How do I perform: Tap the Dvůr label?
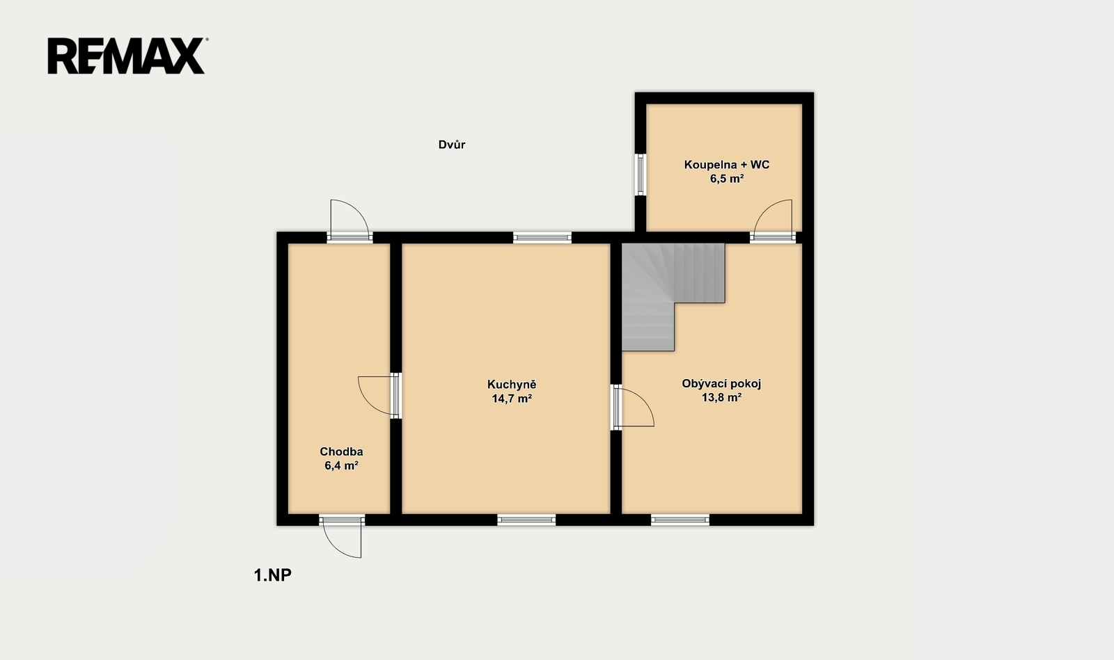(x=452, y=145)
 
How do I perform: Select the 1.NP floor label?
(x=272, y=575)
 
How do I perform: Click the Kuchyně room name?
(x=512, y=385)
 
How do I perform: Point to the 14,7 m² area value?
(x=512, y=399)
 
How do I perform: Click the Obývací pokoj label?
(x=721, y=384)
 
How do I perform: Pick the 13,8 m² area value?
(x=721, y=397)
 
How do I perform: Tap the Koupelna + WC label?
(x=727, y=164)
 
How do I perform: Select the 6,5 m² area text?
(x=727, y=179)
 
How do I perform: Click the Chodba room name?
(x=341, y=451)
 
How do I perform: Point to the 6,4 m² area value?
(x=341, y=466)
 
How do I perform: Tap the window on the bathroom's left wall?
(x=641, y=175)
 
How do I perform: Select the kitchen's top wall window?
(x=542, y=237)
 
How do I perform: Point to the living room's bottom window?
(x=680, y=520)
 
